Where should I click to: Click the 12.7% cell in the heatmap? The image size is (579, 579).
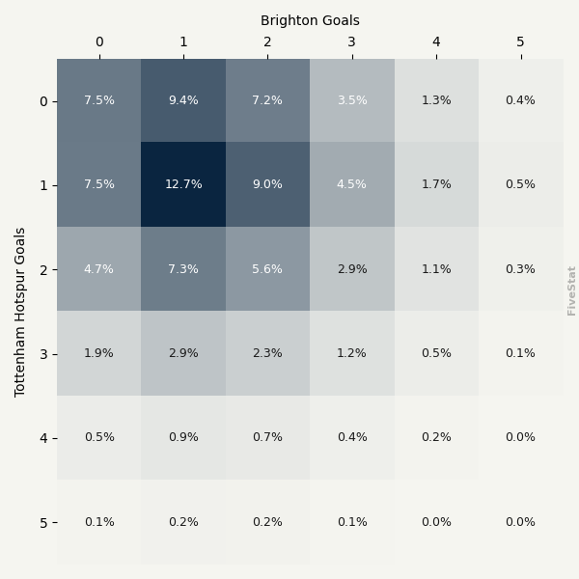tap(183, 184)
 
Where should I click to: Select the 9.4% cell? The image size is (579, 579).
tap(183, 100)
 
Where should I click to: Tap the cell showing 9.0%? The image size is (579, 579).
tap(267, 184)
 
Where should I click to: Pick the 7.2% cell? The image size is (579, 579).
tap(267, 100)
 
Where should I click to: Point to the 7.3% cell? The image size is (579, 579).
tap(183, 269)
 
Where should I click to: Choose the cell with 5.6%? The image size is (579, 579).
tap(267, 269)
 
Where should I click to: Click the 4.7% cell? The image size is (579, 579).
tap(98, 269)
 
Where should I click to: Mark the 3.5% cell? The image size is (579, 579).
tap(352, 100)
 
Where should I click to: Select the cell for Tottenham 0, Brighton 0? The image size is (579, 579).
tap(98, 100)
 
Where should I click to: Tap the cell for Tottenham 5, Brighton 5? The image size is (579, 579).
tap(520, 522)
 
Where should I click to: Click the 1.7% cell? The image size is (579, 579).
tap(436, 184)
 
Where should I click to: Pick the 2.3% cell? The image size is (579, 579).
tap(267, 353)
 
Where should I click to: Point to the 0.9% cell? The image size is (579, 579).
tap(183, 437)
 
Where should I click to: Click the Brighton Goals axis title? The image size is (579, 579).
tap(310, 20)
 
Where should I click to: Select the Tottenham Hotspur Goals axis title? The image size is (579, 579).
tap(20, 312)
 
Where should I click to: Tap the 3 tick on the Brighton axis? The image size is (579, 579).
tap(352, 42)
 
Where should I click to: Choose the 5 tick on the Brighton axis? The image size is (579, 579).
tap(520, 42)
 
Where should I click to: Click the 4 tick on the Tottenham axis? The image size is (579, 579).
tap(42, 438)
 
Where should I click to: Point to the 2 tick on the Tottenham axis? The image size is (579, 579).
tap(42, 269)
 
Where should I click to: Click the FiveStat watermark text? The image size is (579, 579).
tap(571, 290)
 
